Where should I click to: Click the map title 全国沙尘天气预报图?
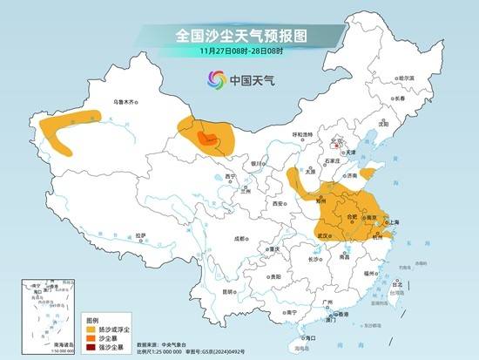[x=239, y=36]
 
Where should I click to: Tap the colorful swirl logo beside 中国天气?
[x=213, y=81]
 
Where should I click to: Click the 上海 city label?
[x=393, y=222]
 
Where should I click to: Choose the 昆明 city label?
[x=229, y=291]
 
